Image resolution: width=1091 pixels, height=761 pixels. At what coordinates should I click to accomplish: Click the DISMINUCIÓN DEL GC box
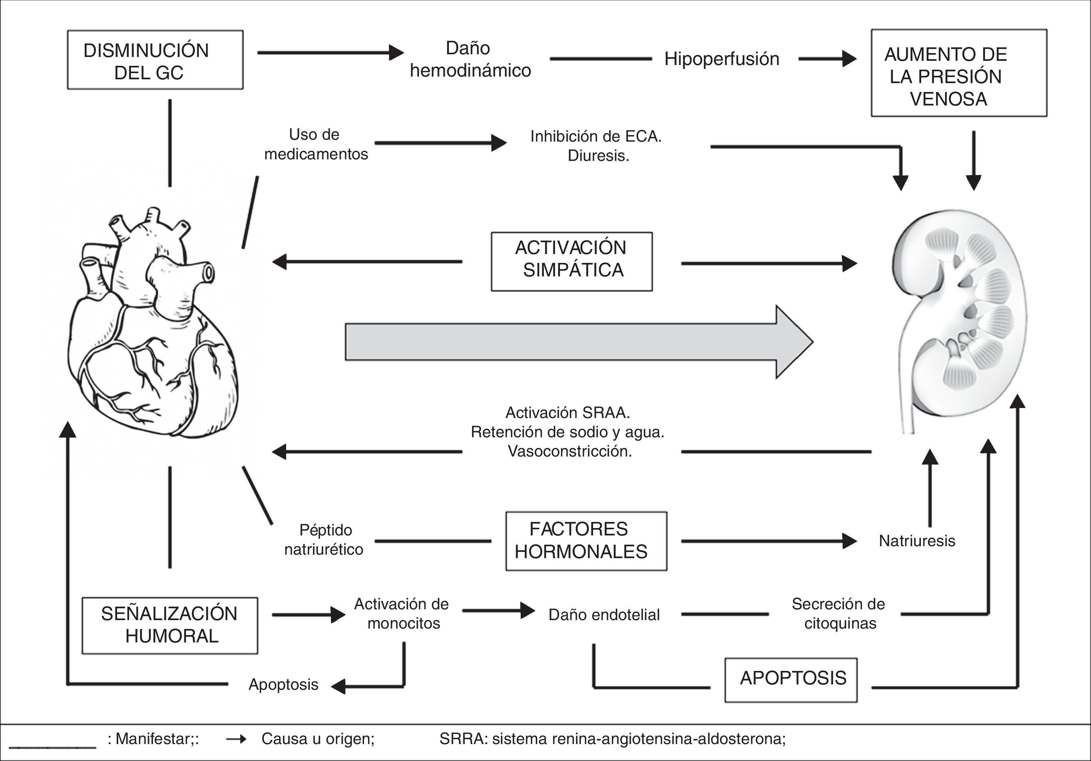(x=155, y=60)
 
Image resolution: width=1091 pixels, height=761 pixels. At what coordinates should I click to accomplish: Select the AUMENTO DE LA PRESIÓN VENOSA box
(x=959, y=73)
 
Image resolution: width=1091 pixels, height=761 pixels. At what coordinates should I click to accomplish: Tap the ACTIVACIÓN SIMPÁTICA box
(x=571, y=261)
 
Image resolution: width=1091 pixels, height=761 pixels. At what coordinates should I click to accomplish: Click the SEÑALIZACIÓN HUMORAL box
(x=169, y=626)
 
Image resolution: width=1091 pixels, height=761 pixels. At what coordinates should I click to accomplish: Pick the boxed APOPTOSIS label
(x=791, y=680)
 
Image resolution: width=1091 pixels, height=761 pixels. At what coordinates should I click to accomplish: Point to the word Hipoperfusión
(x=722, y=59)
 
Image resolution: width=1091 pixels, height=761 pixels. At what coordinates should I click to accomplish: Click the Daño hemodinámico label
(x=470, y=59)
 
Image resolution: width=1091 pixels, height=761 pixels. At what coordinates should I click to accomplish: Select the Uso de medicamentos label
(x=316, y=144)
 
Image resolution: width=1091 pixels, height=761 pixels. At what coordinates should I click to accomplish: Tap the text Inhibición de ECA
(x=596, y=136)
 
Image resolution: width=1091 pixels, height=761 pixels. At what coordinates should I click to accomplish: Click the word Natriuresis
(x=917, y=540)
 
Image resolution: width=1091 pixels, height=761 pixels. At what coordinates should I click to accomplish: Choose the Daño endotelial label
(x=604, y=615)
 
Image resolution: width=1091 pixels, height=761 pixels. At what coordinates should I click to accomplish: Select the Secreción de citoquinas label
(x=839, y=613)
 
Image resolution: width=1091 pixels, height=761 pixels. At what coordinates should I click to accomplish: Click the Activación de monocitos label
(x=402, y=613)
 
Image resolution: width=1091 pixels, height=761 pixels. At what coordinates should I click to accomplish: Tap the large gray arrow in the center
(x=579, y=342)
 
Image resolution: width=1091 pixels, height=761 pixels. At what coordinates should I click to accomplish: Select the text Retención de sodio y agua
(x=568, y=432)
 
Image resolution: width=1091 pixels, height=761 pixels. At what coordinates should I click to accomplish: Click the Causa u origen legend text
(x=318, y=739)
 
